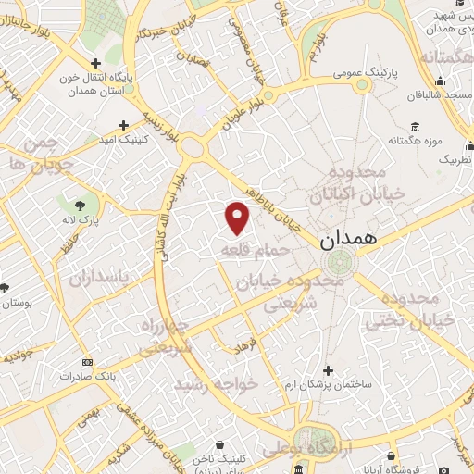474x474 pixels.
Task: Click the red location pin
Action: [x=238, y=218]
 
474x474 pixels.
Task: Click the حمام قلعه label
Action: [x=255, y=250]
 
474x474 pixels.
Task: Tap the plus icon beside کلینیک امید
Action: [x=124, y=125]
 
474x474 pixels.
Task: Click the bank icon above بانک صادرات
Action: [x=87, y=362]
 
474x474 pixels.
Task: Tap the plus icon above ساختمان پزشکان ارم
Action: [x=328, y=369]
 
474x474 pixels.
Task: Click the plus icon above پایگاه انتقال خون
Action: [x=96, y=63]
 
